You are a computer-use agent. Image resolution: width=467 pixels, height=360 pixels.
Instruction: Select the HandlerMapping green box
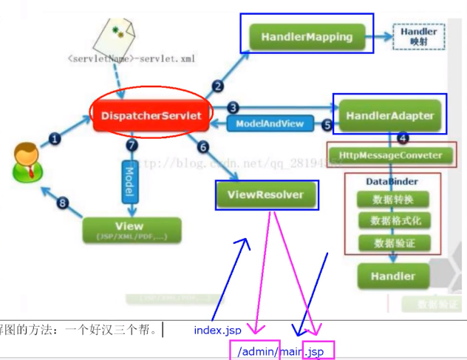[x=307, y=35]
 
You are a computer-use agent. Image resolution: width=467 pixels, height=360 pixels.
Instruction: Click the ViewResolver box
[x=269, y=195]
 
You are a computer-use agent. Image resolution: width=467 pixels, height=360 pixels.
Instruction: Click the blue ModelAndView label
[x=270, y=123]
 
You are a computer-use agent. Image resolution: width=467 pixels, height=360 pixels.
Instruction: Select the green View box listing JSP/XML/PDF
[x=130, y=230]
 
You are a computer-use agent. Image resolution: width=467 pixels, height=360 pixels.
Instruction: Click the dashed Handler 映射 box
[x=419, y=36]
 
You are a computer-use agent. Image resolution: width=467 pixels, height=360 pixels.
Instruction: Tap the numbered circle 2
[x=217, y=86]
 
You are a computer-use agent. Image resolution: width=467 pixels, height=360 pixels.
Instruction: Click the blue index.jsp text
[x=218, y=330]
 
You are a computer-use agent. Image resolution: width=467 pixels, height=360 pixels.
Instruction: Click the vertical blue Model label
[x=129, y=180]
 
